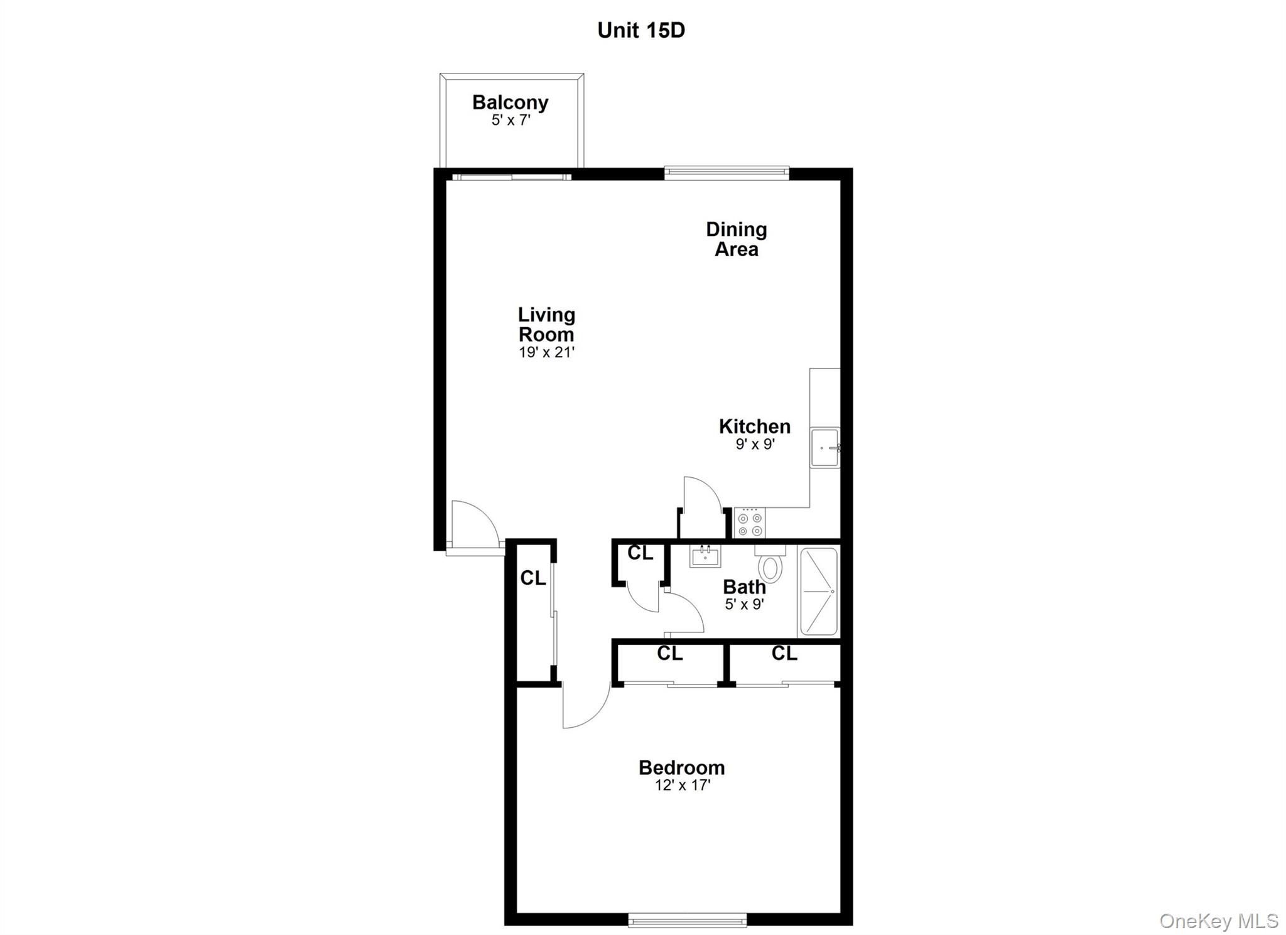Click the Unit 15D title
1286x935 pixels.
tap(640, 30)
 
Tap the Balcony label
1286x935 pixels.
tap(511, 102)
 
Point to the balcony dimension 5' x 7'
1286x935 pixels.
tap(511, 120)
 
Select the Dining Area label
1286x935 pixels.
tap(737, 239)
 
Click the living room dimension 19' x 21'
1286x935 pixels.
tap(546, 352)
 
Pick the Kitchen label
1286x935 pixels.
tap(755, 426)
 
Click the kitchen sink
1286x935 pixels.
tap(825, 448)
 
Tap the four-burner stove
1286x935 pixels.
tap(750, 524)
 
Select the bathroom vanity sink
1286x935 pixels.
tap(705, 556)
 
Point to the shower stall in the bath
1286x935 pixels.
tap(819, 591)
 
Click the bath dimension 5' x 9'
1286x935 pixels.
tap(745, 605)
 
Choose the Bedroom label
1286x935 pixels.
tap(682, 767)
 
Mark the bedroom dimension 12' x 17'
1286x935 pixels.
tap(683, 785)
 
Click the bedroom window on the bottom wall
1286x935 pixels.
tap(688, 921)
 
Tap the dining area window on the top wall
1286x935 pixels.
tap(727, 173)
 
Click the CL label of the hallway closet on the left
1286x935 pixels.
tap(533, 578)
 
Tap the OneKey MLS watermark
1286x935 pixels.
tap(1219, 921)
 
